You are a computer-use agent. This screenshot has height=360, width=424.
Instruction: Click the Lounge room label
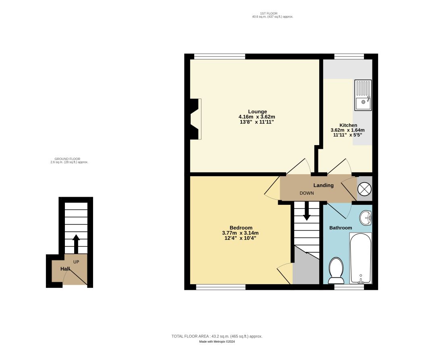tap(257, 112)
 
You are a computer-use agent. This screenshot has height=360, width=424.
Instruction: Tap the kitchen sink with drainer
tap(363, 95)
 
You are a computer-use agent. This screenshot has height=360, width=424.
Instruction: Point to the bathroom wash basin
tap(366, 218)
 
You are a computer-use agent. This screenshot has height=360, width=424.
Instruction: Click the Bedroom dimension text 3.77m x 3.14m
tap(240, 233)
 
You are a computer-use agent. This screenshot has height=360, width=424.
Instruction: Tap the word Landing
tap(324, 185)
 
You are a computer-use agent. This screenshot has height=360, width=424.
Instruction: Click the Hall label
tap(65, 268)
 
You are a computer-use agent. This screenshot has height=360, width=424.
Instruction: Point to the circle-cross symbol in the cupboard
tap(364, 189)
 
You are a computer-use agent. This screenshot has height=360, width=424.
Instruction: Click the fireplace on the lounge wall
tap(195, 119)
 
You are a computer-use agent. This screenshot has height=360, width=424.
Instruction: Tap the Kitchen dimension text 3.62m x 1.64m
tap(347, 130)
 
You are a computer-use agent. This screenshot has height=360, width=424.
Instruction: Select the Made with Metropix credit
tap(217, 342)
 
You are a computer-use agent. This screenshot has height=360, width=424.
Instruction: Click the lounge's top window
tap(219, 56)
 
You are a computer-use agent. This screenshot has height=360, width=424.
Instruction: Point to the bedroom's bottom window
tap(220, 287)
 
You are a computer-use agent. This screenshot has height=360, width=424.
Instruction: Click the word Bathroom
tap(341, 228)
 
